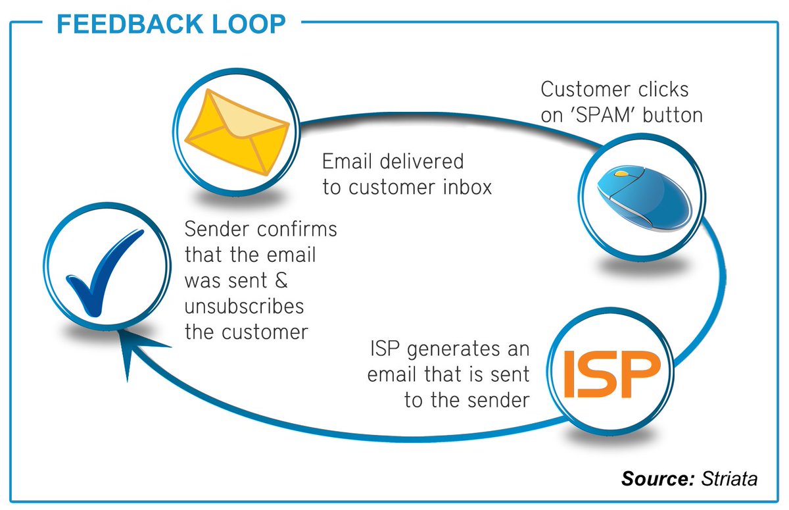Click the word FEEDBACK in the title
(131, 24)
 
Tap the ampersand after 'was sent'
(279, 281)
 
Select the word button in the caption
(672, 115)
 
